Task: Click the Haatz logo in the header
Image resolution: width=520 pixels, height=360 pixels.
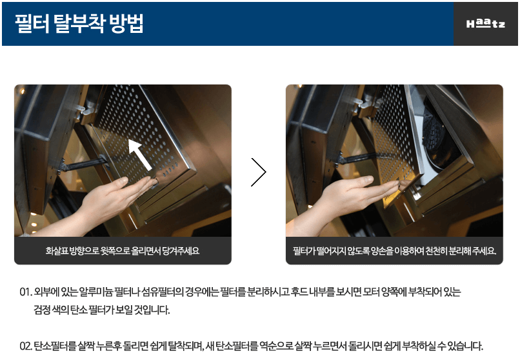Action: click(x=486, y=23)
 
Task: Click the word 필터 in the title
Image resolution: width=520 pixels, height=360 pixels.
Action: click(x=32, y=23)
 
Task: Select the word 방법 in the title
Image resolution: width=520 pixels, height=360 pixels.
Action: click(x=126, y=23)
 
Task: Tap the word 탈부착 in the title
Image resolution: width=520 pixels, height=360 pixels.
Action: click(x=79, y=23)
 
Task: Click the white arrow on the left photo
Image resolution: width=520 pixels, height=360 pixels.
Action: click(x=140, y=154)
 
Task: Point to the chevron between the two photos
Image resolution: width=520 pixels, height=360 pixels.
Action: click(x=259, y=172)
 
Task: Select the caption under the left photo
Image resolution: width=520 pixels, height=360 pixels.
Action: click(x=123, y=250)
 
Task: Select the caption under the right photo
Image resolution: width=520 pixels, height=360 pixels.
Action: click(x=394, y=250)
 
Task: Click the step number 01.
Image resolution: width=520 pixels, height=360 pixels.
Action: click(x=26, y=292)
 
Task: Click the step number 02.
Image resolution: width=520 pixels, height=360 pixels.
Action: click(x=26, y=346)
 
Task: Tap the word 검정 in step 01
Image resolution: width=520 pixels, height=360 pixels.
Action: click(x=42, y=310)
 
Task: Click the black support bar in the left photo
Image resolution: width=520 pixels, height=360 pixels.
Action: click(x=83, y=164)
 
